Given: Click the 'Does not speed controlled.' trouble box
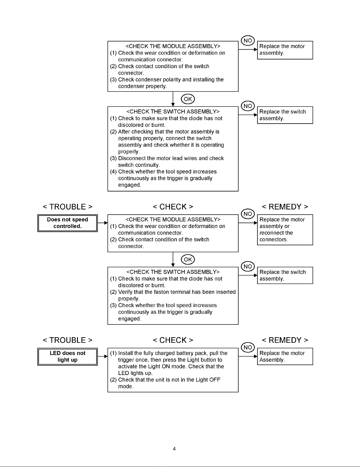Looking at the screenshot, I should (x=67, y=223).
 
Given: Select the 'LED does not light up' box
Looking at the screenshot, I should (x=67, y=356).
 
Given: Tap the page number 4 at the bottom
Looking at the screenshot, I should (x=174, y=449).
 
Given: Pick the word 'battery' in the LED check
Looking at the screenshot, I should (x=185, y=353).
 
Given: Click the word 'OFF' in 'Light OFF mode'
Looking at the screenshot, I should (x=215, y=380).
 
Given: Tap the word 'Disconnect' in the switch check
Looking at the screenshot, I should (x=132, y=158).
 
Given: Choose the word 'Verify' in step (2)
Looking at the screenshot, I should (x=125, y=292).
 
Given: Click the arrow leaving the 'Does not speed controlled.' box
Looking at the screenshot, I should (x=103, y=223).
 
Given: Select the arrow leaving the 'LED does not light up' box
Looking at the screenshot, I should (x=103, y=356).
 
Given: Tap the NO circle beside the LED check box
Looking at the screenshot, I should (x=248, y=348).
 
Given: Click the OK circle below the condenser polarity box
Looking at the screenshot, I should (x=188, y=99).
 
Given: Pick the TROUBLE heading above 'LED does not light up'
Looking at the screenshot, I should (x=68, y=340).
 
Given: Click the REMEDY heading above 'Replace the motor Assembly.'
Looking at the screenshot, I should (x=285, y=340).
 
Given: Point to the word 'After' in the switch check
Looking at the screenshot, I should (x=124, y=132).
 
